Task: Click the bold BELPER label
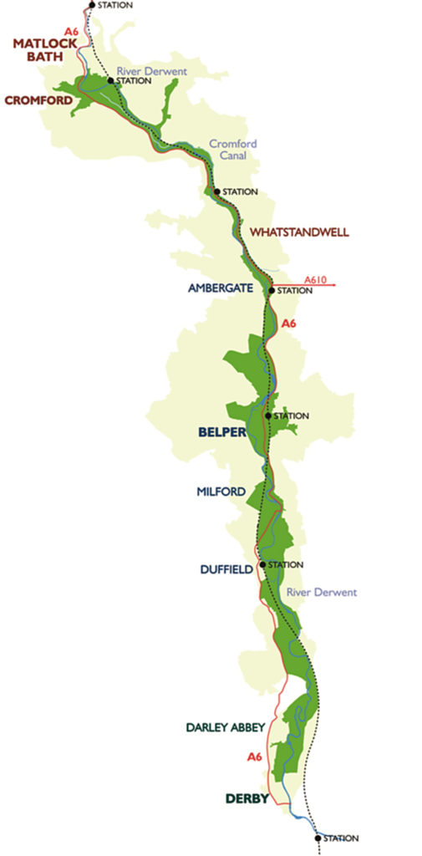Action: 221,432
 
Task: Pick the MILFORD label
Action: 222,492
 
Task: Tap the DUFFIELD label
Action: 226,570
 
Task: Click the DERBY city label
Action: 247,798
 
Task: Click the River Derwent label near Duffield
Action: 321,592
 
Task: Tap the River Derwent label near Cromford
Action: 151,72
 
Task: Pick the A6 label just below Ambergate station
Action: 290,323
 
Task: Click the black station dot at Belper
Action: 267,415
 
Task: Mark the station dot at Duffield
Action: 262,564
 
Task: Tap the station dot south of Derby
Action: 318,837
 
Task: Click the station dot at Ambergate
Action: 272,291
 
